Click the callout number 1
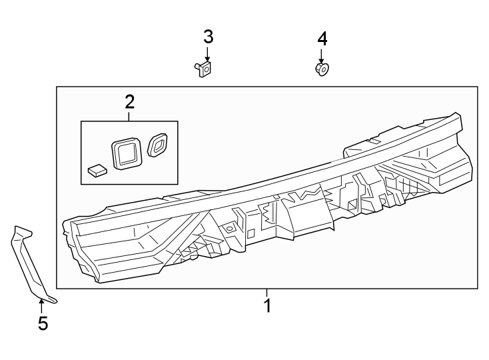pyautogui.click(x=267, y=306)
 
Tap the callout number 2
pyautogui.click(x=129, y=101)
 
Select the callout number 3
pyautogui.click(x=208, y=37)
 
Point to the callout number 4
pyautogui.click(x=322, y=38)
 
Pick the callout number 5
pyautogui.click(x=43, y=324)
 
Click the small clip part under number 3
pyautogui.click(x=204, y=68)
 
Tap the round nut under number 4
pyautogui.click(x=322, y=69)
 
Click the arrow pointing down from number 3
pyautogui.click(x=208, y=55)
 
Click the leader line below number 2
pyautogui.click(x=129, y=115)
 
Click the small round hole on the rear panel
pyautogui.click(x=229, y=229)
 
